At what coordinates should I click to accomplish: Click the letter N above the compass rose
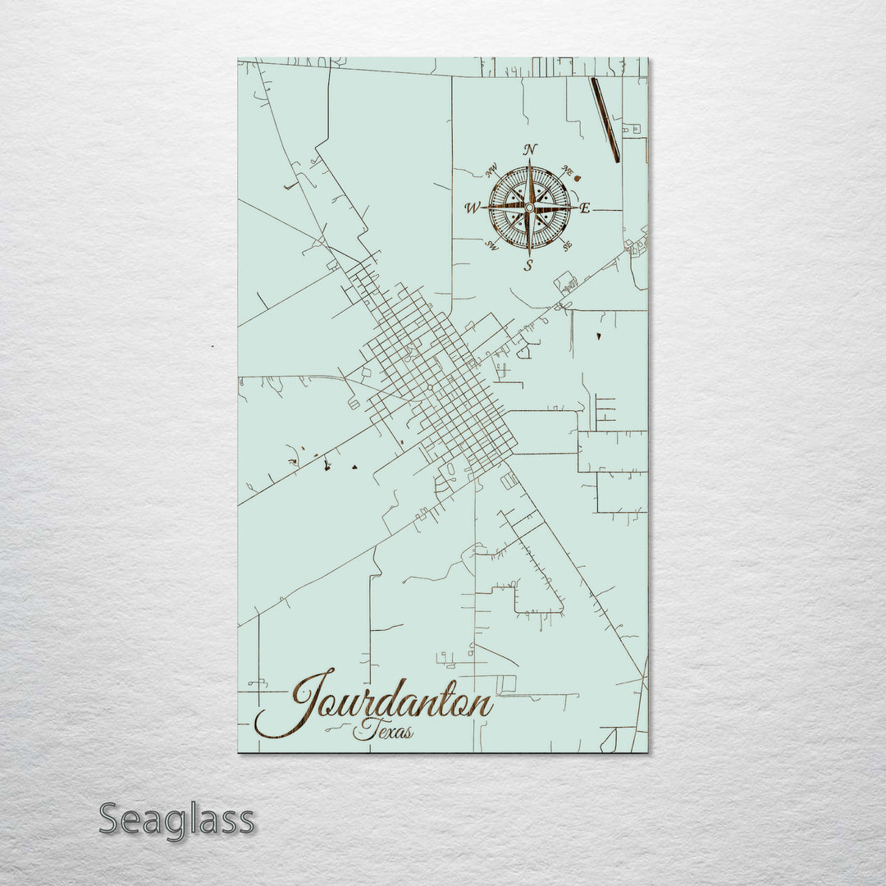click(530, 149)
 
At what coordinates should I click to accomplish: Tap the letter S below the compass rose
click(529, 264)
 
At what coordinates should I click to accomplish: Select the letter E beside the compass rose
click(585, 208)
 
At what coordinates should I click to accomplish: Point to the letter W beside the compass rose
click(473, 208)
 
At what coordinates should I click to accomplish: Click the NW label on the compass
click(491, 171)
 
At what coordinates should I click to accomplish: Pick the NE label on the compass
click(566, 171)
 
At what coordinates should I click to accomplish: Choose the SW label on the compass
click(492, 244)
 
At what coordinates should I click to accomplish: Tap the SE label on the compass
click(566, 244)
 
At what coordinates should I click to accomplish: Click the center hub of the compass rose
click(529, 208)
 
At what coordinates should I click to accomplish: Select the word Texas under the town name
click(383, 730)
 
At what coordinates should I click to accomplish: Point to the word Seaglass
click(176, 820)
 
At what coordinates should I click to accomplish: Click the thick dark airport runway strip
click(605, 120)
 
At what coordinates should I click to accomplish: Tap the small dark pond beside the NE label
click(578, 175)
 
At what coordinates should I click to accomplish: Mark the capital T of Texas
click(362, 728)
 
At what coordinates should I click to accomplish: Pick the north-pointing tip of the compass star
click(530, 161)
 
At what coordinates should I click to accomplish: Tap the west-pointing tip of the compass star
click(483, 208)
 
